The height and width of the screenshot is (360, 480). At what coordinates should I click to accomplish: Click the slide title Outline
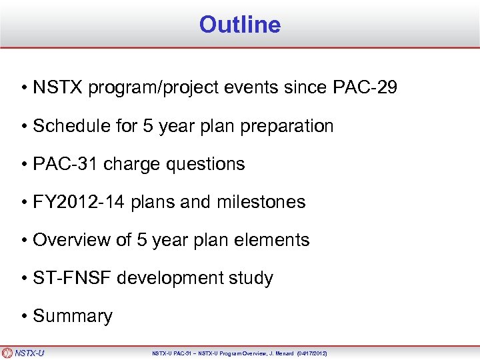click(x=239, y=25)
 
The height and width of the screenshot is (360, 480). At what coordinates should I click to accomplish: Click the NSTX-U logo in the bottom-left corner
click(x=23, y=353)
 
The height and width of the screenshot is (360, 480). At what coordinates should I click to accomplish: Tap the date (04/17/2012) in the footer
click(x=307, y=353)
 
